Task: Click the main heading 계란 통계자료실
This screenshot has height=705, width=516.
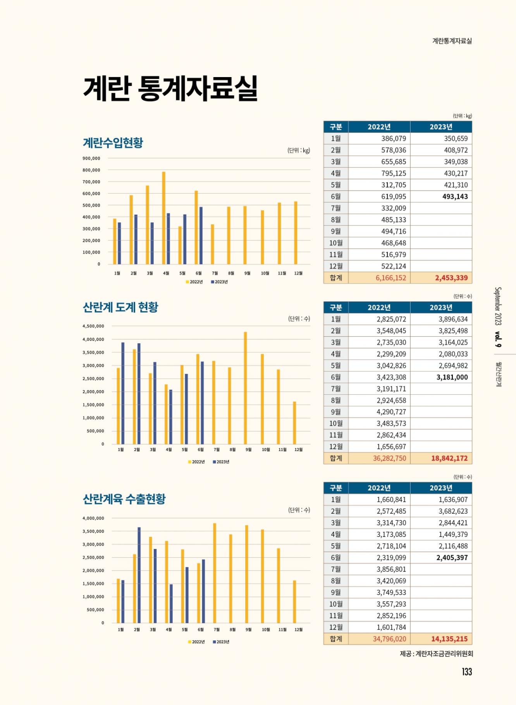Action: pyautogui.click(x=170, y=88)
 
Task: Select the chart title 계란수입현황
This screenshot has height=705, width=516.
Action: pyautogui.click(x=113, y=143)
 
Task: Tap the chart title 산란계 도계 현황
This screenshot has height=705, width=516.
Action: pyautogui.click(x=120, y=307)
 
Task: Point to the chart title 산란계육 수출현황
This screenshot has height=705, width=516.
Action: pyautogui.click(x=124, y=499)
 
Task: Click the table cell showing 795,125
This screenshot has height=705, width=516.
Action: pyautogui.click(x=394, y=173)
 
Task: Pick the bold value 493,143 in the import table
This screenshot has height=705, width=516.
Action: pyautogui.click(x=455, y=196)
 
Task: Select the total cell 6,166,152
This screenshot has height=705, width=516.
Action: pyautogui.click(x=390, y=278)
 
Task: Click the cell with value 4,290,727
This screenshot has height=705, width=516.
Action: pyautogui.click(x=391, y=412)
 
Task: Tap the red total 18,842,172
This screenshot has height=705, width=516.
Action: pyautogui.click(x=449, y=458)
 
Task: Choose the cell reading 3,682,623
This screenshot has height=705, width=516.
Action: pyautogui.click(x=453, y=511)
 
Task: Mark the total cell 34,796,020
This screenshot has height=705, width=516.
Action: pyautogui.click(x=389, y=639)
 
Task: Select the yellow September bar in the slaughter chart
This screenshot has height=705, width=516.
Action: pyautogui.click(x=245, y=388)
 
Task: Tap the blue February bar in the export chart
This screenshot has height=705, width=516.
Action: pyautogui.click(x=139, y=575)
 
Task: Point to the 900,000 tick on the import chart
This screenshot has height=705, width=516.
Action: pyautogui.click(x=91, y=158)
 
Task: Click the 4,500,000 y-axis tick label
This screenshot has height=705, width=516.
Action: pyautogui.click(x=93, y=326)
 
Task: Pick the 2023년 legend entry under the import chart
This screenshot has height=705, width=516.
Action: pyautogui.click(x=220, y=282)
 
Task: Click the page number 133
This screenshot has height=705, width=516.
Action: pyautogui.click(x=467, y=672)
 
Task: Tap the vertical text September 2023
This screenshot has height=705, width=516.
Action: pyautogui.click(x=498, y=306)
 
